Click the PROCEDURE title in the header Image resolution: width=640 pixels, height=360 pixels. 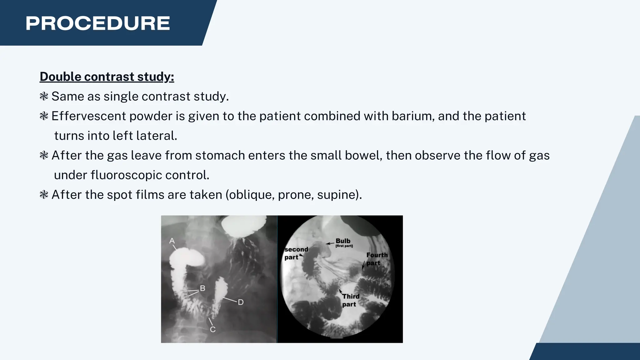[97, 23]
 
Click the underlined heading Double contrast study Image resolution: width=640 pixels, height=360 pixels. [107, 77]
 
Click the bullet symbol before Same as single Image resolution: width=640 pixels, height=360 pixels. [44, 96]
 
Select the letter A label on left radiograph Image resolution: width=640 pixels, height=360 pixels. [172, 241]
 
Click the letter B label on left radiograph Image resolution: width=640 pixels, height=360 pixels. [202, 288]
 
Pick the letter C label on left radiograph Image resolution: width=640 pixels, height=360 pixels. [212, 329]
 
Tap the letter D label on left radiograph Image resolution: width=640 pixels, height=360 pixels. [241, 302]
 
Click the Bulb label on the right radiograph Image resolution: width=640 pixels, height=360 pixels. [343, 241]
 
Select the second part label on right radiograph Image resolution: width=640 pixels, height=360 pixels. [296, 253]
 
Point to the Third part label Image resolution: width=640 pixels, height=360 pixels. [350, 300]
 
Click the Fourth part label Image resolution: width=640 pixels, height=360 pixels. [377, 259]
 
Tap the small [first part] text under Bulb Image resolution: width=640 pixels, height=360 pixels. [344, 246]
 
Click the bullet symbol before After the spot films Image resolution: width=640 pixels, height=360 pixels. [44, 195]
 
